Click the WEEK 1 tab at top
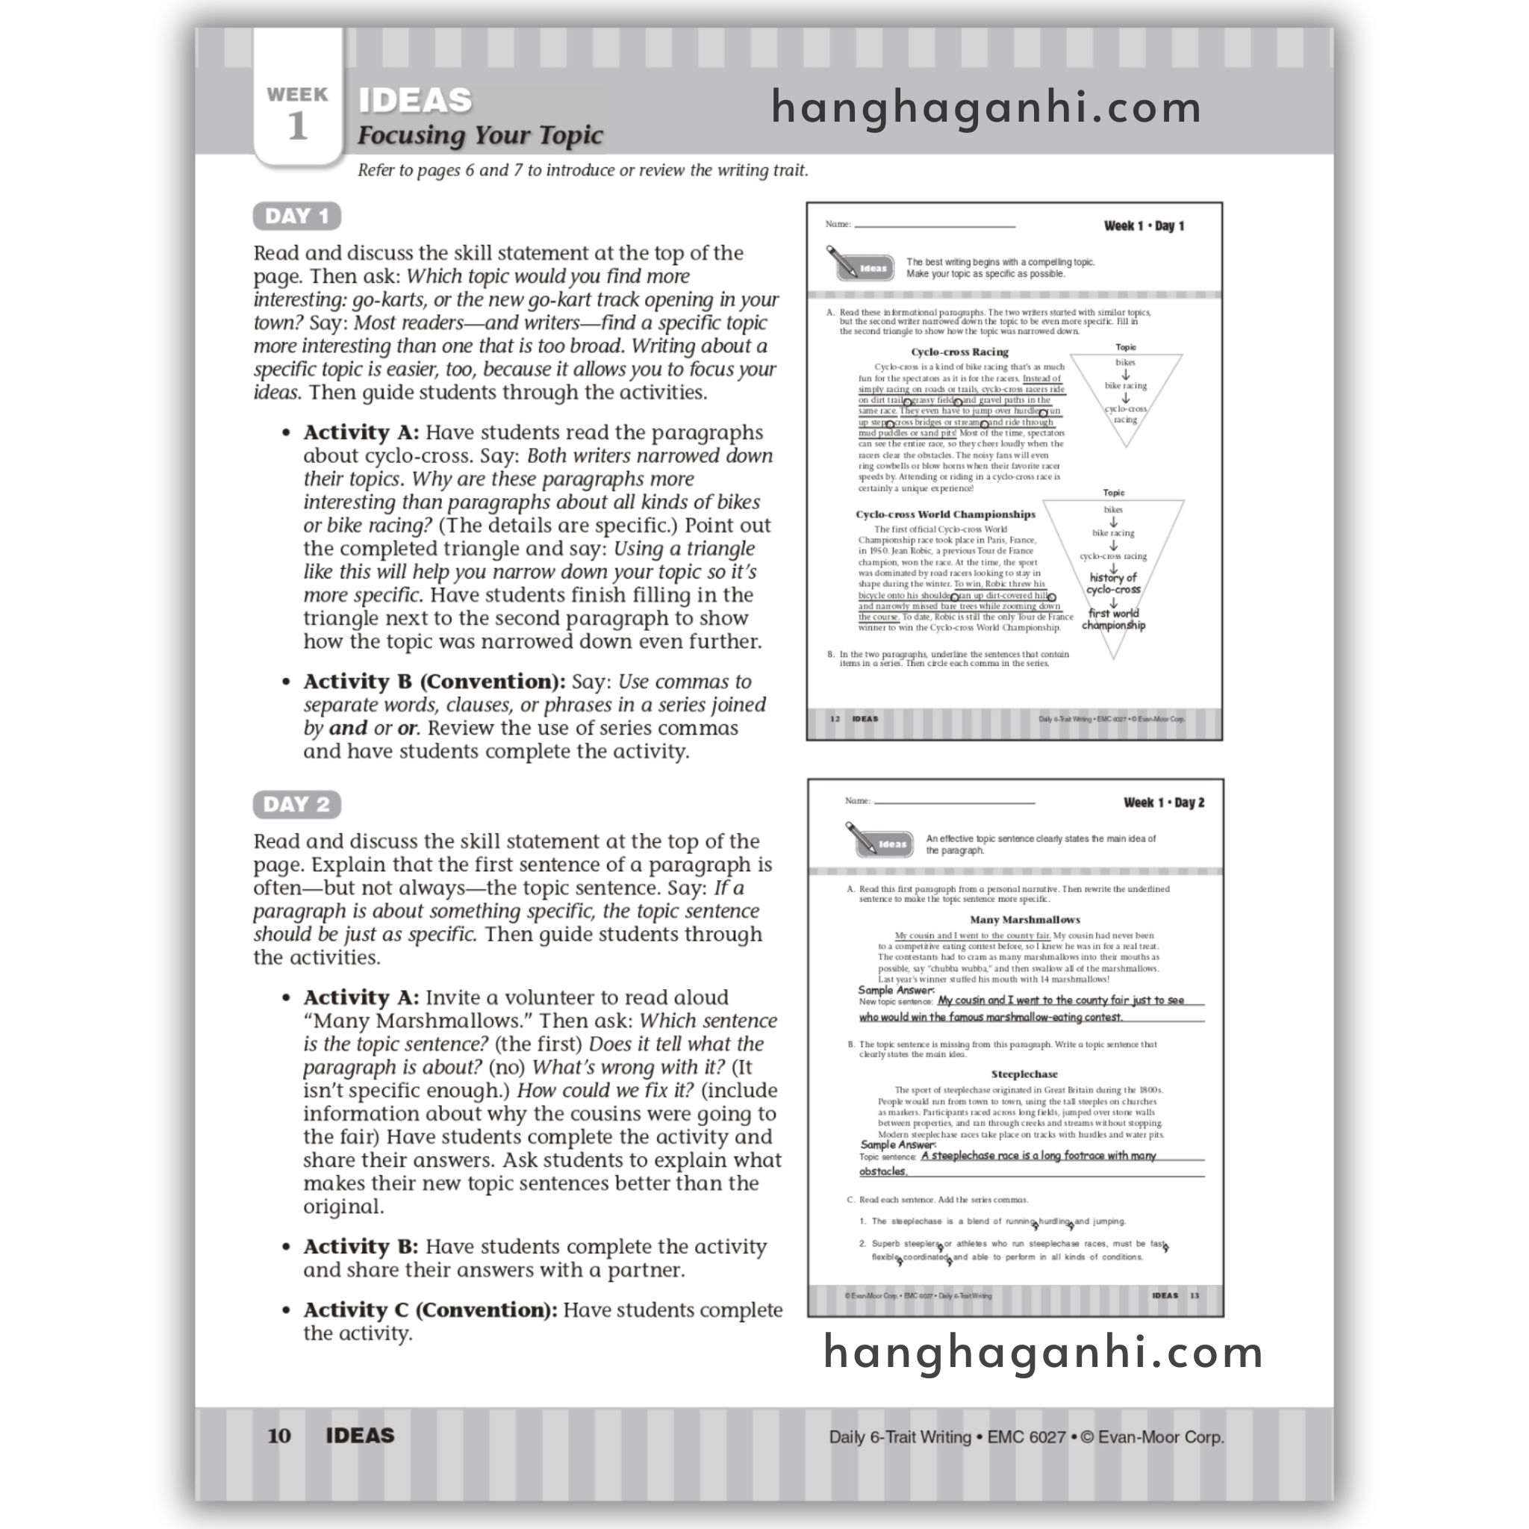[x=298, y=113]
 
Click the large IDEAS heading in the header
[x=416, y=101]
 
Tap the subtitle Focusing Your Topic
[x=479, y=135]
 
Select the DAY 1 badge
[x=297, y=216]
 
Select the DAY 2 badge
[x=297, y=804]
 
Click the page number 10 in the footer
[x=278, y=1436]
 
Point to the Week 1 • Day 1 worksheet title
[x=1144, y=226]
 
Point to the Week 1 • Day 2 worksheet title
[x=1163, y=803]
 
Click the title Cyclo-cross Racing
[x=959, y=352]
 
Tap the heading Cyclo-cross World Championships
[x=945, y=514]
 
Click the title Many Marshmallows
[x=1024, y=920]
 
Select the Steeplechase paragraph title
[x=1024, y=1074]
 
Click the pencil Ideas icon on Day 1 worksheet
[x=860, y=265]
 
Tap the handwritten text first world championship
[x=1112, y=619]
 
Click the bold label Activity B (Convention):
[x=434, y=682]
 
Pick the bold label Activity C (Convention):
[x=430, y=1310]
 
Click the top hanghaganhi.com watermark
[x=986, y=108]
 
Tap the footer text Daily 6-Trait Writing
[x=899, y=1436]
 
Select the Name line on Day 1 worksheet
[x=934, y=225]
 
